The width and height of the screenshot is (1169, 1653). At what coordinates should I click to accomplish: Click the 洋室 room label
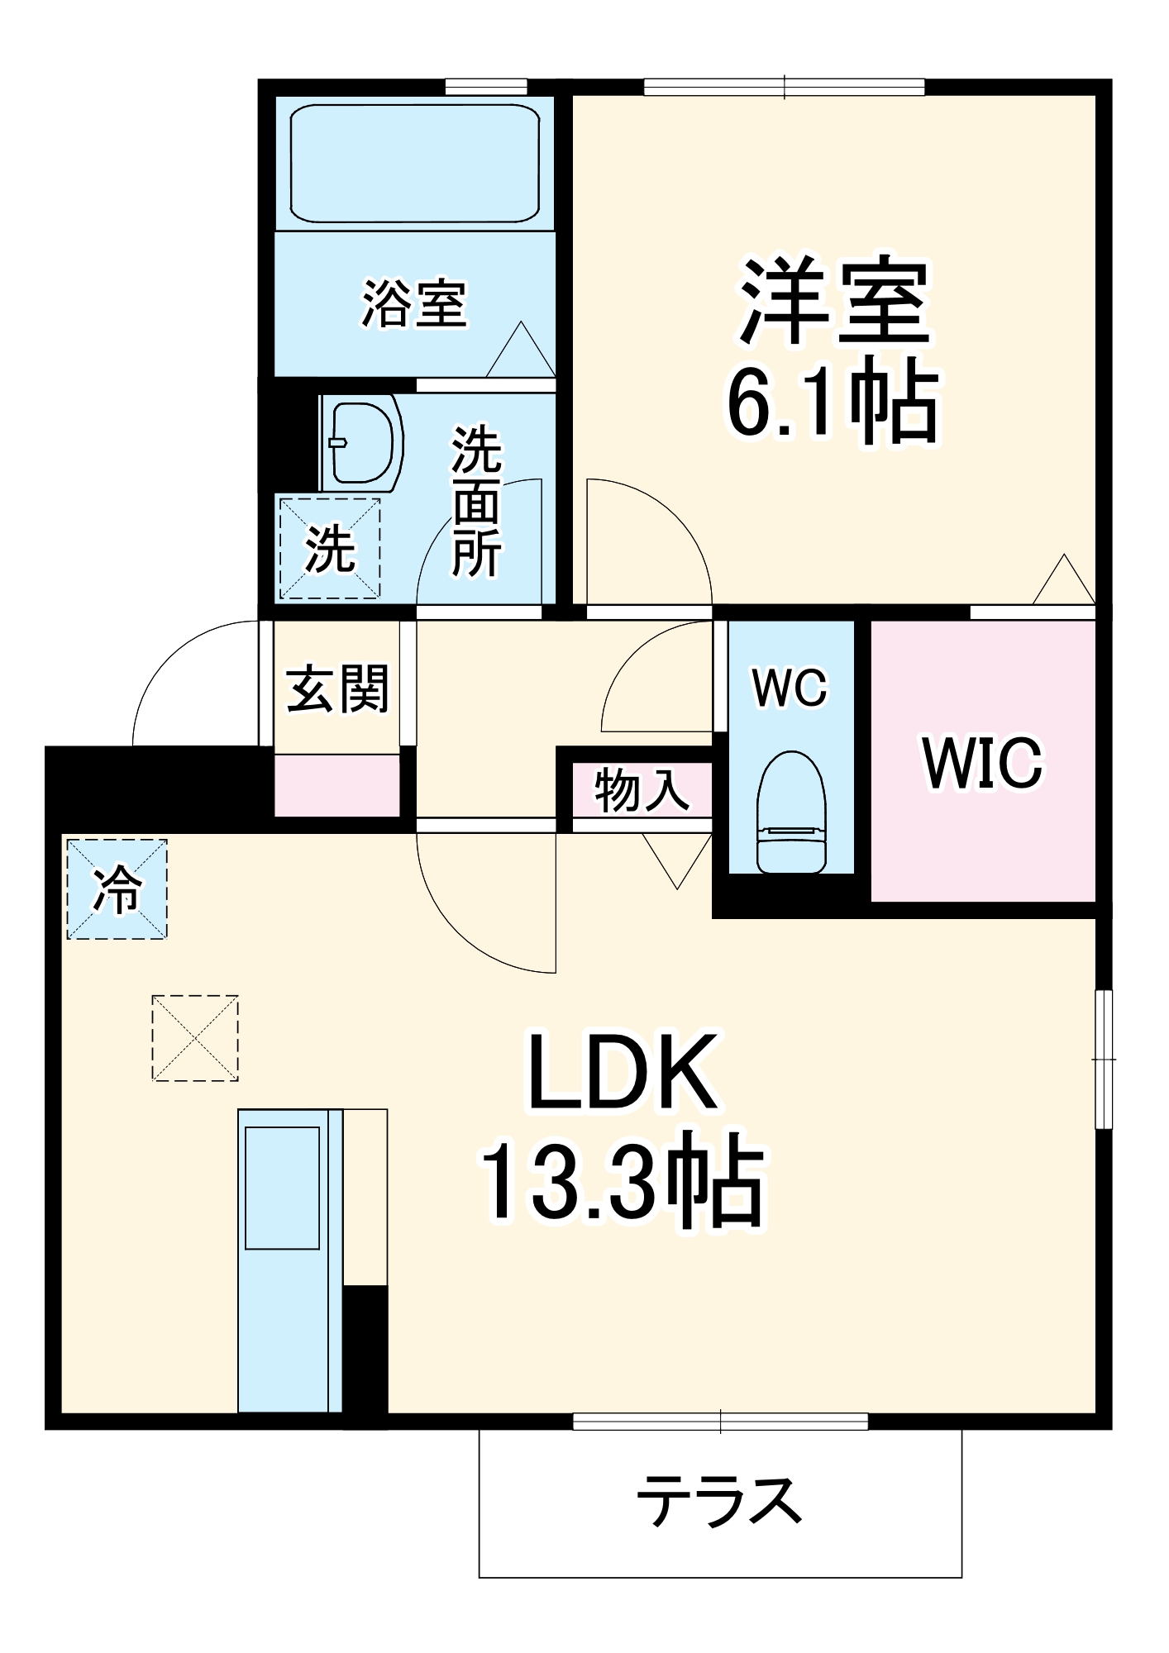click(835, 301)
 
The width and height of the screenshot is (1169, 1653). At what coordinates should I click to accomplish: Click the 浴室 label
click(414, 303)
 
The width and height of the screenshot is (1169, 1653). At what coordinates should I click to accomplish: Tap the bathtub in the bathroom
click(414, 164)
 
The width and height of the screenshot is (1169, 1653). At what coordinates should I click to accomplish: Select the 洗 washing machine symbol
click(330, 547)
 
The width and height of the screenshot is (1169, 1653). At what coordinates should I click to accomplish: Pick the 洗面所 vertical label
click(477, 502)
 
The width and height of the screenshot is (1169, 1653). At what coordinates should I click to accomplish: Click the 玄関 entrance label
click(337, 688)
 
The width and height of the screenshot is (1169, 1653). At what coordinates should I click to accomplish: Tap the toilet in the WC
click(791, 812)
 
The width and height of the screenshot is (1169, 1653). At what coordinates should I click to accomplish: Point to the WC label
click(790, 687)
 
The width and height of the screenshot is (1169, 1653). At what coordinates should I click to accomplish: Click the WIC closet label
click(982, 763)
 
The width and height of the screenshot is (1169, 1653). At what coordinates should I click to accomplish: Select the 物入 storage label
click(642, 790)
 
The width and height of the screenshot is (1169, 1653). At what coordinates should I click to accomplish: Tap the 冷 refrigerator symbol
click(117, 889)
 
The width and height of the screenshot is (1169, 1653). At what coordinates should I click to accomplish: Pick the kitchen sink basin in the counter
click(282, 1188)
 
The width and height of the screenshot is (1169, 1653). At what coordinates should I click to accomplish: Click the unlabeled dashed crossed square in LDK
click(195, 1038)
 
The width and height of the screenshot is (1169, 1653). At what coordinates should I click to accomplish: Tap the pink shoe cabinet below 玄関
click(336, 784)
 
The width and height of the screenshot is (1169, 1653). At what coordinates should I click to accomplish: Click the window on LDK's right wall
click(1104, 1059)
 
